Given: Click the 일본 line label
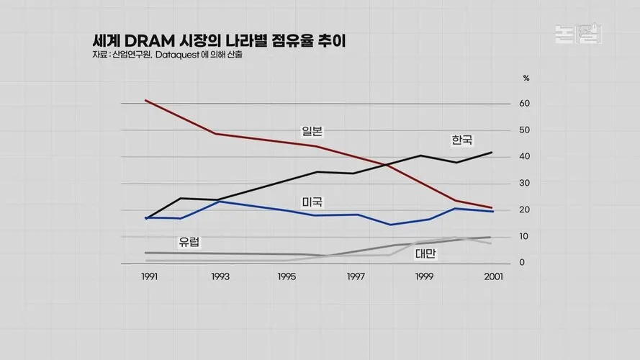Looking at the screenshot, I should (x=312, y=130).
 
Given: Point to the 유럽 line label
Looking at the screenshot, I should (x=189, y=242).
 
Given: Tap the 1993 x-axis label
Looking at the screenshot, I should (x=220, y=276).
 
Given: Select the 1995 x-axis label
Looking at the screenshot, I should (x=287, y=276).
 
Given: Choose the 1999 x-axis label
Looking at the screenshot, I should (x=425, y=276).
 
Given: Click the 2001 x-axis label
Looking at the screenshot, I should (x=493, y=276).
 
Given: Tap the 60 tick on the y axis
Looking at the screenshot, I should (x=525, y=104).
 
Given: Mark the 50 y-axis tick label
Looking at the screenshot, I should (x=525, y=130).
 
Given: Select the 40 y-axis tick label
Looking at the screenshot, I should (x=525, y=157).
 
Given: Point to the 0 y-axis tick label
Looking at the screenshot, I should (x=522, y=263).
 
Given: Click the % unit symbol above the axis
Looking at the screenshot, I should (x=526, y=77).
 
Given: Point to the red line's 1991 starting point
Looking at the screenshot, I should (x=145, y=100).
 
